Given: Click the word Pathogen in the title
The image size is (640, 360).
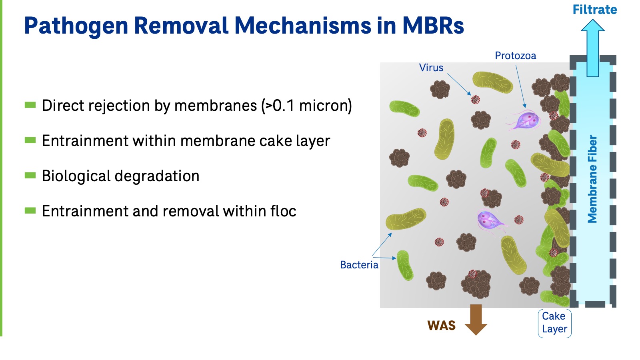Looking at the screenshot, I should tap(76, 26).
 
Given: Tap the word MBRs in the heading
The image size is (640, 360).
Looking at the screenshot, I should tap(433, 26).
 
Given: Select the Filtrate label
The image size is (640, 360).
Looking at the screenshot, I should tap(594, 10).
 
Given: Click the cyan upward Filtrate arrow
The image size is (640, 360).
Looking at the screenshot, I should tap(592, 48).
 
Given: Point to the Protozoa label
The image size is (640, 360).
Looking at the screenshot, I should tap(515, 56).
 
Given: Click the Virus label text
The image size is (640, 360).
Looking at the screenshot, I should tap(431, 68).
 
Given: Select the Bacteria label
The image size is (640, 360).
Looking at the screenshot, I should tap(359, 265).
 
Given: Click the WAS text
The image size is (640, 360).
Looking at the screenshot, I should tap(441, 326).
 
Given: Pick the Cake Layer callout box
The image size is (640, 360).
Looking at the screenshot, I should tap(554, 323).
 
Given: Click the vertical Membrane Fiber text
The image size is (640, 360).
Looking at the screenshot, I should tap(592, 179).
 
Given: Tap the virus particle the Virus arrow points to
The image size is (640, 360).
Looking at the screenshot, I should tap(475, 99).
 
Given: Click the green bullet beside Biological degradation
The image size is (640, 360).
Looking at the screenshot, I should tap(30, 176).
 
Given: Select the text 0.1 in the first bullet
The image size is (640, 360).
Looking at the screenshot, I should tap(283, 106).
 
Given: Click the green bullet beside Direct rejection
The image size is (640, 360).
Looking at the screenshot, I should tap(30, 105).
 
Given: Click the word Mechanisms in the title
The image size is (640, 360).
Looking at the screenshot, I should tap(303, 26).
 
